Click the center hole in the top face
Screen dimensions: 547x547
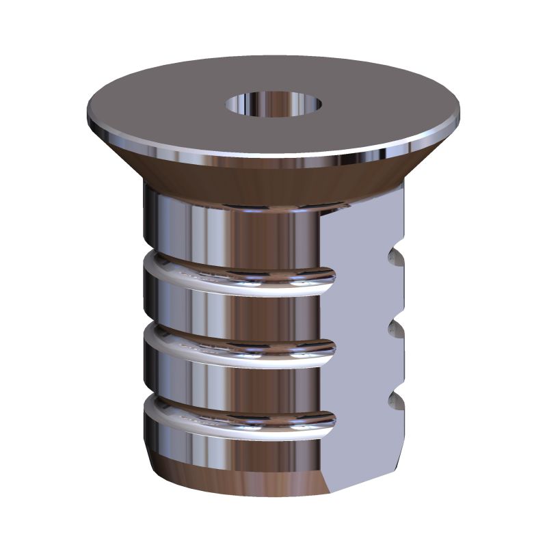tap(274, 105)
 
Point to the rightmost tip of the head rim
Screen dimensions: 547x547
tap(459, 116)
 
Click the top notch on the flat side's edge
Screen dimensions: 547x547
tap(394, 258)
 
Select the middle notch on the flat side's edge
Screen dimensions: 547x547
tap(394, 329)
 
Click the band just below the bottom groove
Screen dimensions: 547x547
tap(232, 448)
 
